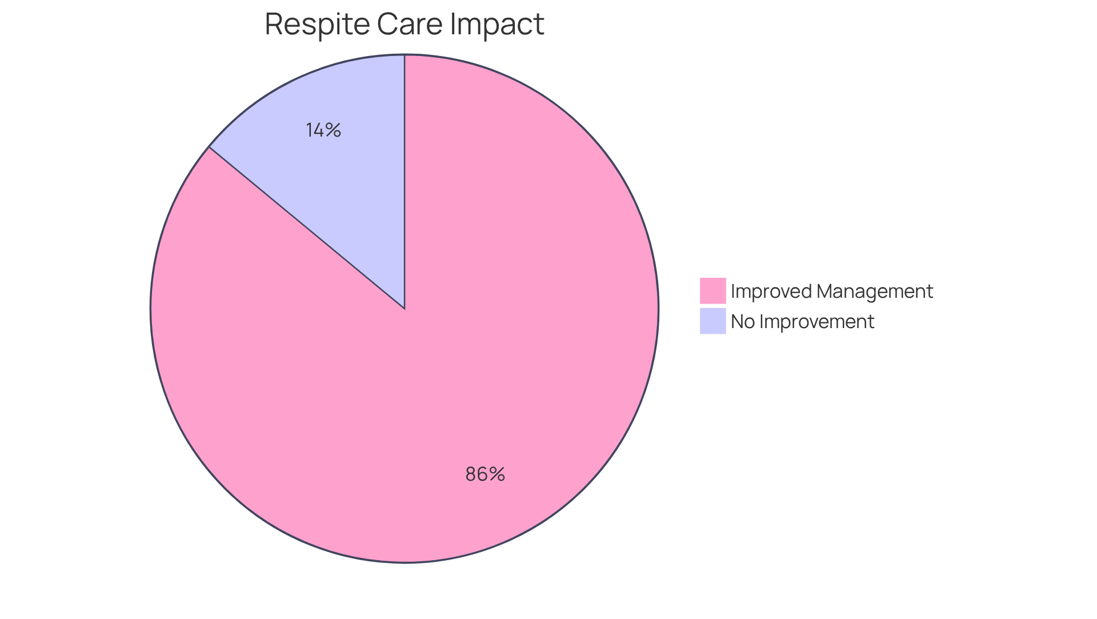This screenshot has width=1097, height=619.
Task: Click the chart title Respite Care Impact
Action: point(404,24)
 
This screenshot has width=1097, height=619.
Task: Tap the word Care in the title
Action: point(410,24)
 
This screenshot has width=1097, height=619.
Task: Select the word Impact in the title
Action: point(497,24)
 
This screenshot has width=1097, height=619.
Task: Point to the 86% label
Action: point(485,474)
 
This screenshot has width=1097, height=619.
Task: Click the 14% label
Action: point(323,130)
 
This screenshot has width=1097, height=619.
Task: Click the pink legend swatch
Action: point(712,291)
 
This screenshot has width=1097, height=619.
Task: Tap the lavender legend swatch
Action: point(712,321)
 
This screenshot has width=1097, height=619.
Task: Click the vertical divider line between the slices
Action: point(405,183)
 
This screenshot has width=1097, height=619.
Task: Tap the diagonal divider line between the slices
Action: point(307,227)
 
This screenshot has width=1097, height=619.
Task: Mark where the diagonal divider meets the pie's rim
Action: point(209,147)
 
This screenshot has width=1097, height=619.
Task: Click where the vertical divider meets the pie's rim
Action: point(405,55)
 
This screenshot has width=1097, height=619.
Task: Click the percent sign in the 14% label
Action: point(334,130)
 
